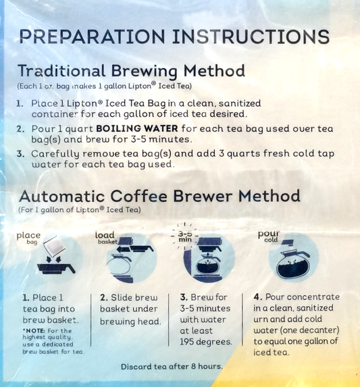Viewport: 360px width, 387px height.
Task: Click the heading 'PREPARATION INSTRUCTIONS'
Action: click(174, 36)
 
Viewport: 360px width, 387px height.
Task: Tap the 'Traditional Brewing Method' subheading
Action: click(132, 71)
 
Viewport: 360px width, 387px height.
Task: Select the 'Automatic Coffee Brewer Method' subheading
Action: click(159, 197)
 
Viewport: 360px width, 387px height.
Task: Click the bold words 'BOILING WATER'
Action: click(137, 128)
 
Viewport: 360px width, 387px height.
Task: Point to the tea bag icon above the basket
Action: click(54, 246)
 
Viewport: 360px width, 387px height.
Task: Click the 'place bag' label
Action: click(28, 238)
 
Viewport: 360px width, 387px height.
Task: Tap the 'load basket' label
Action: click(106, 238)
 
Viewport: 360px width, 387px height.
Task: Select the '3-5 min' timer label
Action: click(185, 236)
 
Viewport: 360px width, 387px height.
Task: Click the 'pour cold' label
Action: click(268, 236)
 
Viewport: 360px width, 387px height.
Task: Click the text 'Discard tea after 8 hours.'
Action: click(172, 367)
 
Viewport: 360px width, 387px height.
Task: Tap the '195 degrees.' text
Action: click(206, 342)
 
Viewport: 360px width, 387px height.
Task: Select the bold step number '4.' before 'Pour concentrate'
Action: click(257, 296)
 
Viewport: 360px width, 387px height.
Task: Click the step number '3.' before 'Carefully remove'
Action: click(20, 154)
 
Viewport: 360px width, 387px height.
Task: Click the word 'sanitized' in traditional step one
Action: click(240, 103)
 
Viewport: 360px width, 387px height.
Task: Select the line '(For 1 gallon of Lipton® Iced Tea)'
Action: click(80, 210)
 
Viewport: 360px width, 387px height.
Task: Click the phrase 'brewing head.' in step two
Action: click(130, 321)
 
